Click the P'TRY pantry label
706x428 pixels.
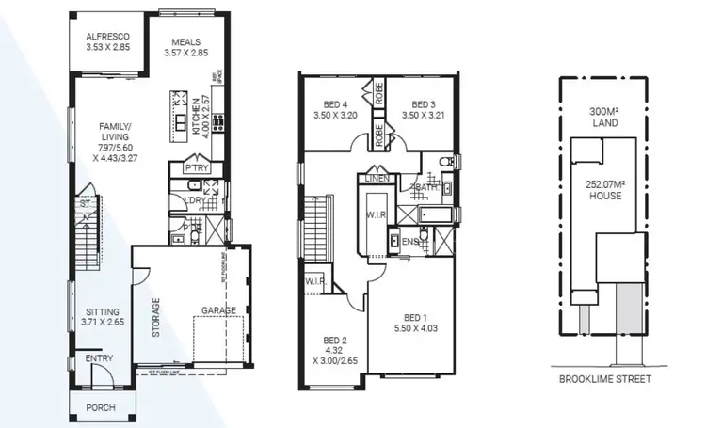[197, 168]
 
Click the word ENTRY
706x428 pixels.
[98, 358]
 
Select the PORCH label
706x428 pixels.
[100, 408]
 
